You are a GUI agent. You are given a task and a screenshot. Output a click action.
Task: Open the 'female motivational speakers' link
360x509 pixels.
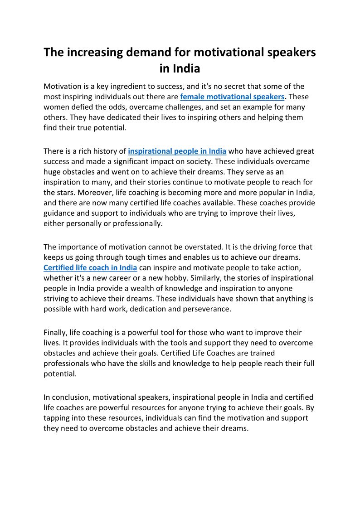point(232,97)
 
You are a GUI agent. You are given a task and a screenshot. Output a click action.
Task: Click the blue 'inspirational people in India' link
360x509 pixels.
point(177,151)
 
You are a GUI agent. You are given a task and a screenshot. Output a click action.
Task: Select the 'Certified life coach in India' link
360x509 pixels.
point(90,267)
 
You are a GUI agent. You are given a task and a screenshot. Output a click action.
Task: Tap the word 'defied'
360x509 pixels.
point(81,107)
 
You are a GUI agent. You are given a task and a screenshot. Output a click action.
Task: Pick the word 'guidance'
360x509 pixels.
point(60,213)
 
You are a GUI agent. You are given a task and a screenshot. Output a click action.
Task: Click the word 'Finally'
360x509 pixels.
point(55,332)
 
